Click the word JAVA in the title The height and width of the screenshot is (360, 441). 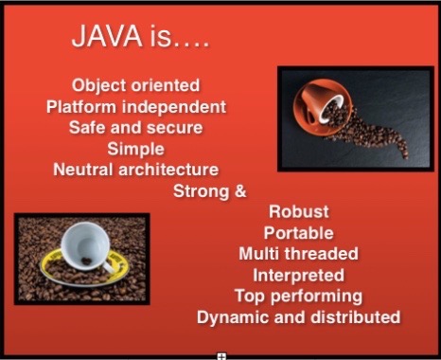point(107,41)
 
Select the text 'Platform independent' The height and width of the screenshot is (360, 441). point(136,107)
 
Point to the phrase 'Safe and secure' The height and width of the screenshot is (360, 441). point(136,128)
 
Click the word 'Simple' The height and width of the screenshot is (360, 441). point(136,149)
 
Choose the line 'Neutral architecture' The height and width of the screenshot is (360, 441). point(136,170)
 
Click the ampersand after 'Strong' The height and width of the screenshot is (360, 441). point(238,190)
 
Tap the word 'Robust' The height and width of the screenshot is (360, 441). point(299,212)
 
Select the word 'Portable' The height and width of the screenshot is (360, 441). point(299,233)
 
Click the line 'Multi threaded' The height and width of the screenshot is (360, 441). point(299,254)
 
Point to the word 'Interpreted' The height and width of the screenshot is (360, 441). point(299,275)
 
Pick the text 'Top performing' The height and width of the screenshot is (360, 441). point(299,296)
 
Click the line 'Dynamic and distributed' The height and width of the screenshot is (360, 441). point(299,316)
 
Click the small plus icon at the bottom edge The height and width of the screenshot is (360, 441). point(220,355)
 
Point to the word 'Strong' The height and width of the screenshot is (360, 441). point(200,190)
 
